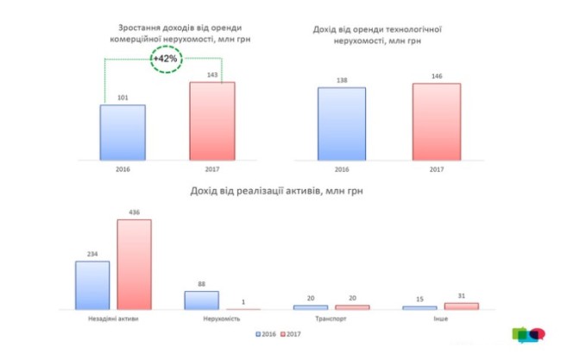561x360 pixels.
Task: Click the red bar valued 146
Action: (436, 121)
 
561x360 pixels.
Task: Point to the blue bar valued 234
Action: (92, 285)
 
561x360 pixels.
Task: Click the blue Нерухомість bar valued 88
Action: (201, 300)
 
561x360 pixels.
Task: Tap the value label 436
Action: (134, 212)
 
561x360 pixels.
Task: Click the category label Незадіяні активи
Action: (113, 319)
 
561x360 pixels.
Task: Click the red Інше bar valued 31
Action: (461, 306)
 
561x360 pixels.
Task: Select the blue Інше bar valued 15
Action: (420, 307)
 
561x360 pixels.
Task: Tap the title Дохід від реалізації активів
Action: (274, 191)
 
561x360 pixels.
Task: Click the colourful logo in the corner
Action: (529, 334)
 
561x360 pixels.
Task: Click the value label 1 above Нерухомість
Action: (243, 301)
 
